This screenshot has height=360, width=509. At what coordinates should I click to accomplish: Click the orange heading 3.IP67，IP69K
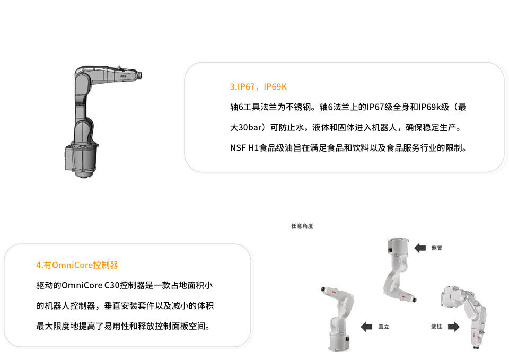tap(258, 86)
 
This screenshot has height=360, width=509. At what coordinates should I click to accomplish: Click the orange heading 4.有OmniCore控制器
tap(77, 265)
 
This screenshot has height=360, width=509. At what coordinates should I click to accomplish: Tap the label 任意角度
tap(302, 226)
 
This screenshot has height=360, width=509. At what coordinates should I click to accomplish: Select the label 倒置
tap(436, 248)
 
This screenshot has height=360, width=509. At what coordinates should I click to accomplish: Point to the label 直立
tap(384, 327)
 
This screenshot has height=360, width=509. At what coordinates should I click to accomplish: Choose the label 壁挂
tap(436, 326)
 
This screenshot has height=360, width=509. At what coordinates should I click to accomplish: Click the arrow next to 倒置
tap(420, 248)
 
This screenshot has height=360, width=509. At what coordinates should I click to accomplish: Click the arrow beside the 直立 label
tap(366, 327)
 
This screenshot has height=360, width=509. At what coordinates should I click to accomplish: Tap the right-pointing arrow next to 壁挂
tap(453, 327)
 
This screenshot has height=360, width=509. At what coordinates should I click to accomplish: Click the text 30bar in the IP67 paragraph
tap(250, 127)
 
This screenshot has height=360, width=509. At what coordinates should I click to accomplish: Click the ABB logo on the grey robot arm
tap(124, 76)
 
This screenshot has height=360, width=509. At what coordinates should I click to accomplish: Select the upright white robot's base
tap(339, 340)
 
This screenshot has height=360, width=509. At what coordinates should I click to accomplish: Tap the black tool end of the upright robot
tap(323, 289)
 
